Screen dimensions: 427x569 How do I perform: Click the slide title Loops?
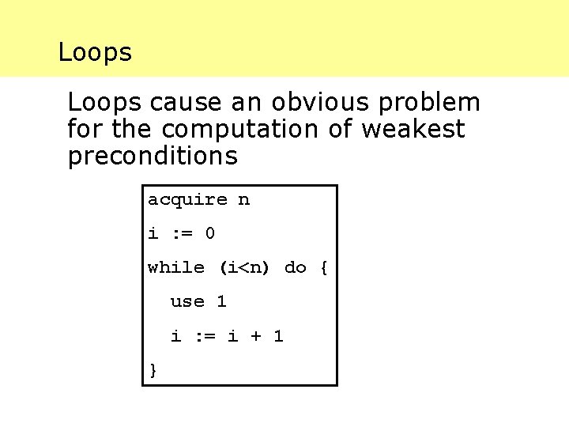(x=95, y=53)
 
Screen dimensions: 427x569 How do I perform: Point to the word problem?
(x=434, y=104)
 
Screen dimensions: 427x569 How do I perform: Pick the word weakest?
(x=413, y=130)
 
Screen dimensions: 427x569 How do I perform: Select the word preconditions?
(x=153, y=157)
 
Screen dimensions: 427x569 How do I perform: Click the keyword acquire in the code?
(x=187, y=200)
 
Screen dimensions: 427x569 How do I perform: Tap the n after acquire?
(x=244, y=200)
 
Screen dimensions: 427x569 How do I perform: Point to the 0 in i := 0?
(x=209, y=233)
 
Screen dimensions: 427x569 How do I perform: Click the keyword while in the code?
(x=175, y=267)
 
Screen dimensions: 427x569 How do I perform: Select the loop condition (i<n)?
(x=244, y=267)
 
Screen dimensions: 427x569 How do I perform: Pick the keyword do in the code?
(x=295, y=267)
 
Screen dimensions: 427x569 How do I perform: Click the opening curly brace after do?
(x=323, y=267)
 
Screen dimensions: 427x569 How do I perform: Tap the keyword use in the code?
(x=187, y=301)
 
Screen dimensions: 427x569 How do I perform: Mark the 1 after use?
(x=221, y=301)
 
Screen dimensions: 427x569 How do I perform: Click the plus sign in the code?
(x=255, y=336)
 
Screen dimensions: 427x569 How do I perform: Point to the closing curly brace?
(x=153, y=369)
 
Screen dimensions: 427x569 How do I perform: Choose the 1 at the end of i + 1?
(x=278, y=336)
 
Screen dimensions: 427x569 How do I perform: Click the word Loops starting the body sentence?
(x=104, y=103)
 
